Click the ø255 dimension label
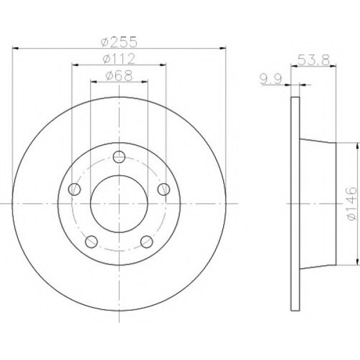(119, 42)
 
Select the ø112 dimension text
(119, 59)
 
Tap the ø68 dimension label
(119, 76)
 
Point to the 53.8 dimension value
(314, 60)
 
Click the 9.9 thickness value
(271, 79)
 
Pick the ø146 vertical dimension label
(352, 203)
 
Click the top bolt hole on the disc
(119, 157)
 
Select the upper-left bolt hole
(74, 189)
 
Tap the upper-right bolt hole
(164, 189)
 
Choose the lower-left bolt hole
(91, 242)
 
